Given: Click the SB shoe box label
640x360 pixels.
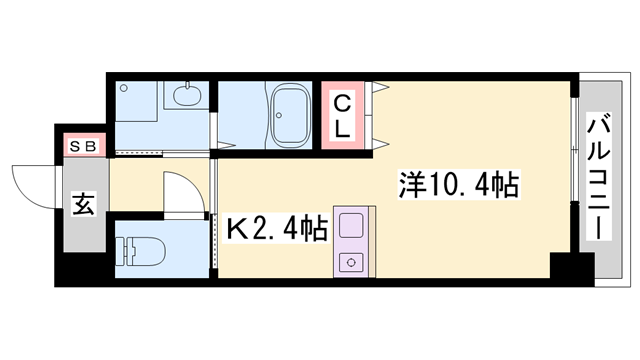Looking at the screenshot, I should click(84, 146).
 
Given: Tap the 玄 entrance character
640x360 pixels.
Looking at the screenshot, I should click(83, 207).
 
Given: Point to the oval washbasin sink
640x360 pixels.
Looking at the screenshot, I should click(185, 96).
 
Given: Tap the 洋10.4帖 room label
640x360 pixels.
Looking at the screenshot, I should click(458, 184).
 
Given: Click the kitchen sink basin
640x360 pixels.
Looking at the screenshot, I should click(351, 225).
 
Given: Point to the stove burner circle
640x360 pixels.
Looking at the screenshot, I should click(351, 262).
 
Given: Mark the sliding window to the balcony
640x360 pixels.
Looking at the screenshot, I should click(574, 175).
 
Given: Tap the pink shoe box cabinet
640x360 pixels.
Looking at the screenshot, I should click(84, 146).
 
